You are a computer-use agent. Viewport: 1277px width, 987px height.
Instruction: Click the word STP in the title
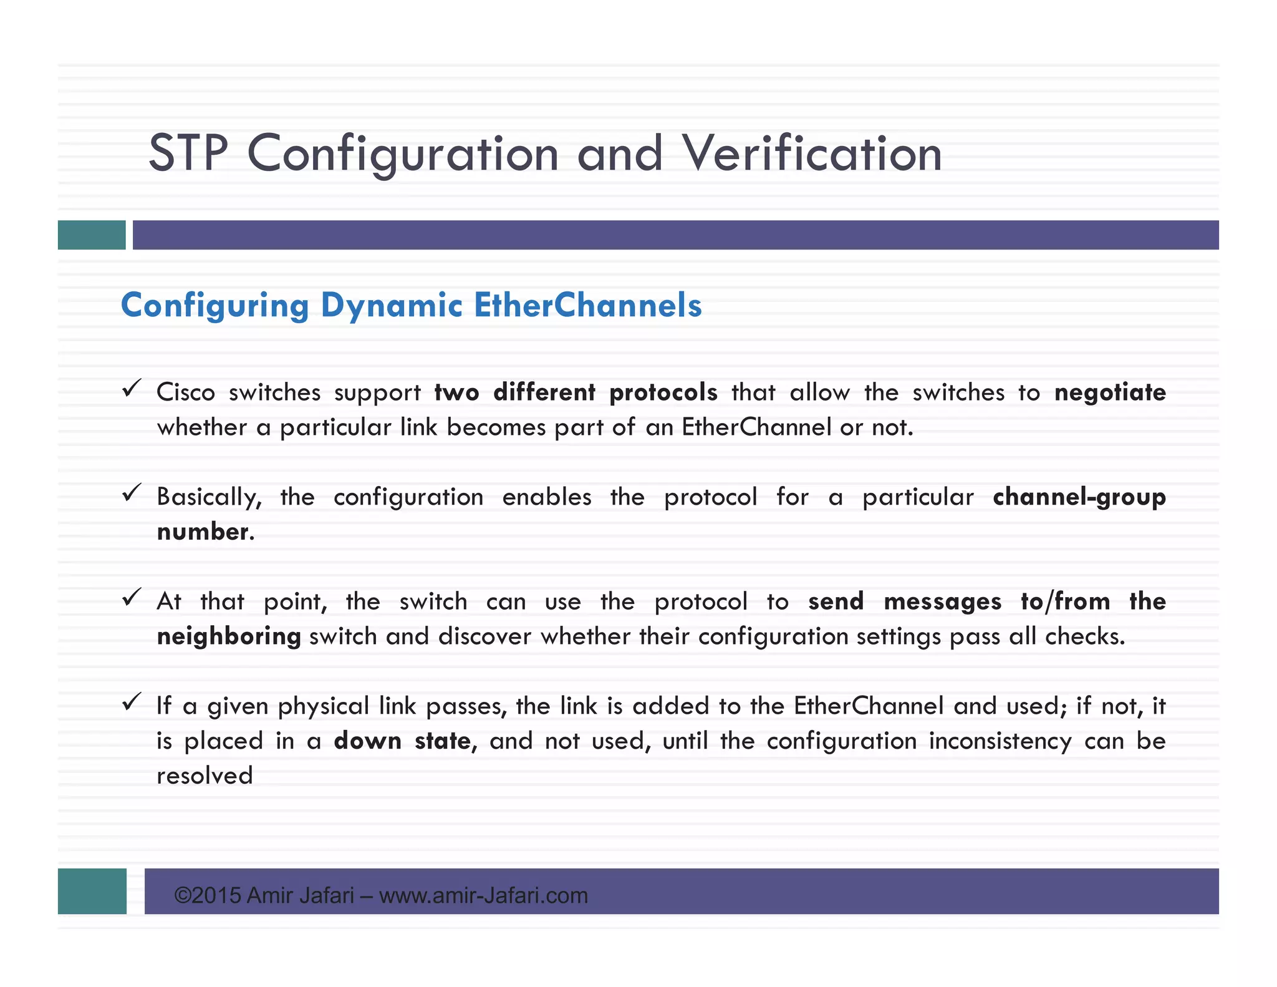(x=188, y=153)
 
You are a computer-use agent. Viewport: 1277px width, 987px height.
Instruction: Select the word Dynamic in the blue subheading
(x=391, y=306)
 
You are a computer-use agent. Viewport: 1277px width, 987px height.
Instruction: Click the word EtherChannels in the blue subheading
(x=587, y=306)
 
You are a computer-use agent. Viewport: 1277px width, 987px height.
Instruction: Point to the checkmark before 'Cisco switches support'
(x=132, y=389)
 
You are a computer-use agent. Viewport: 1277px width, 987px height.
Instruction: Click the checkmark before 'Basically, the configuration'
(x=132, y=493)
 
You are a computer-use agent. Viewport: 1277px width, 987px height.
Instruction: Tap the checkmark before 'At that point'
(x=132, y=598)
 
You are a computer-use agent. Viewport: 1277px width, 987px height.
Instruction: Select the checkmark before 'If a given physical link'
(x=132, y=703)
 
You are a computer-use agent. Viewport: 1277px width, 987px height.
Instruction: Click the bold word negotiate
(x=1110, y=392)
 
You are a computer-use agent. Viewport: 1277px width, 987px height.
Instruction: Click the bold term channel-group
(x=1079, y=497)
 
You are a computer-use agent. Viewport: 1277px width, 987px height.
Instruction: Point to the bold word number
(x=203, y=532)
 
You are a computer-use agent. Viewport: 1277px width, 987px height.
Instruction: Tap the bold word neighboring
(x=229, y=637)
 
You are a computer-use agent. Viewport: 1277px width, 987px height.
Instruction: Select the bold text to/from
(x=1065, y=601)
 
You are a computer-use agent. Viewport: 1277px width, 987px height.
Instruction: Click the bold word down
(x=367, y=741)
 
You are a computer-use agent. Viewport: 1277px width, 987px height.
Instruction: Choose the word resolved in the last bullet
(x=205, y=776)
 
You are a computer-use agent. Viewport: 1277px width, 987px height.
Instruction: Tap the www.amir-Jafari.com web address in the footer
(x=483, y=896)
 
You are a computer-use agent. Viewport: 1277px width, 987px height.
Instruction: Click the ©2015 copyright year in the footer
(x=208, y=896)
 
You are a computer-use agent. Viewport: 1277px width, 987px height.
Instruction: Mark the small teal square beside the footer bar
(x=92, y=891)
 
